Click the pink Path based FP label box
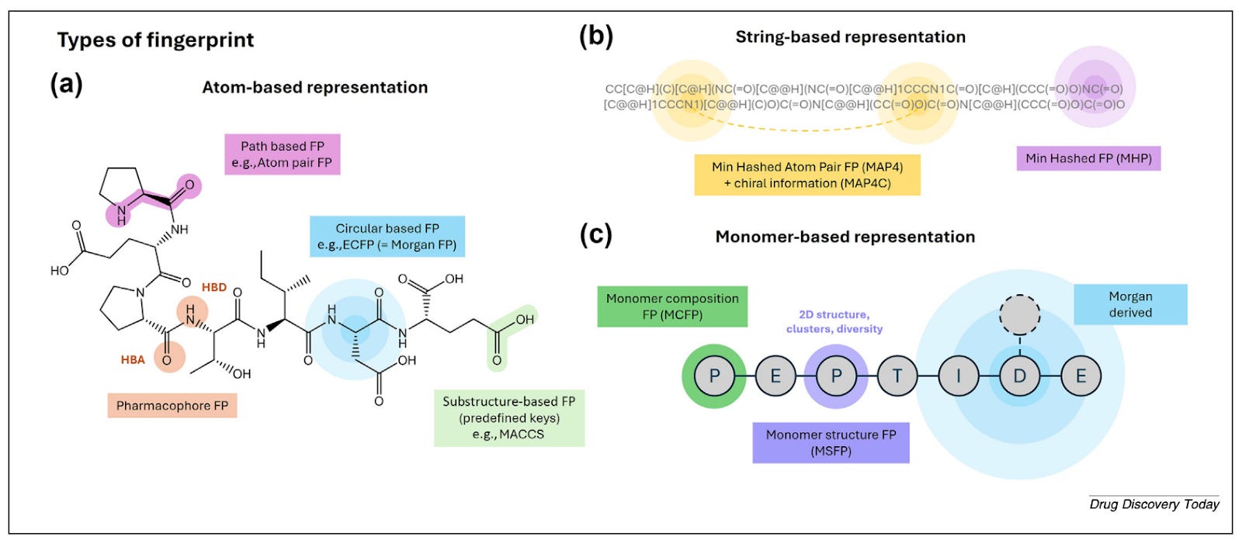click(x=282, y=154)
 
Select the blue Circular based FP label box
click(x=387, y=237)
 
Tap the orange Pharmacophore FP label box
click(x=172, y=405)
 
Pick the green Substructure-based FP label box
click(x=508, y=418)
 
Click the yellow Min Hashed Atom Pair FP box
click(x=807, y=175)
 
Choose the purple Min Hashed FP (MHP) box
click(x=1088, y=158)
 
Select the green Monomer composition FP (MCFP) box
click(x=672, y=307)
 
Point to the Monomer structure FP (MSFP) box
click(x=831, y=443)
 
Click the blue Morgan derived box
click(x=1130, y=304)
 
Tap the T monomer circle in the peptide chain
click(x=897, y=376)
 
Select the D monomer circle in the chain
click(x=1019, y=376)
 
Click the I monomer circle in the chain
click(x=959, y=376)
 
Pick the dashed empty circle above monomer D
click(x=1019, y=314)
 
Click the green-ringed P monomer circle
click(x=714, y=376)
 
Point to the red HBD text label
click(x=214, y=287)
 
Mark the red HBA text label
click(x=133, y=359)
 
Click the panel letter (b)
click(x=596, y=36)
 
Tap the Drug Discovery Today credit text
click(x=1154, y=504)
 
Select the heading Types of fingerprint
click(x=155, y=40)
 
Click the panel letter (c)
click(x=596, y=234)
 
